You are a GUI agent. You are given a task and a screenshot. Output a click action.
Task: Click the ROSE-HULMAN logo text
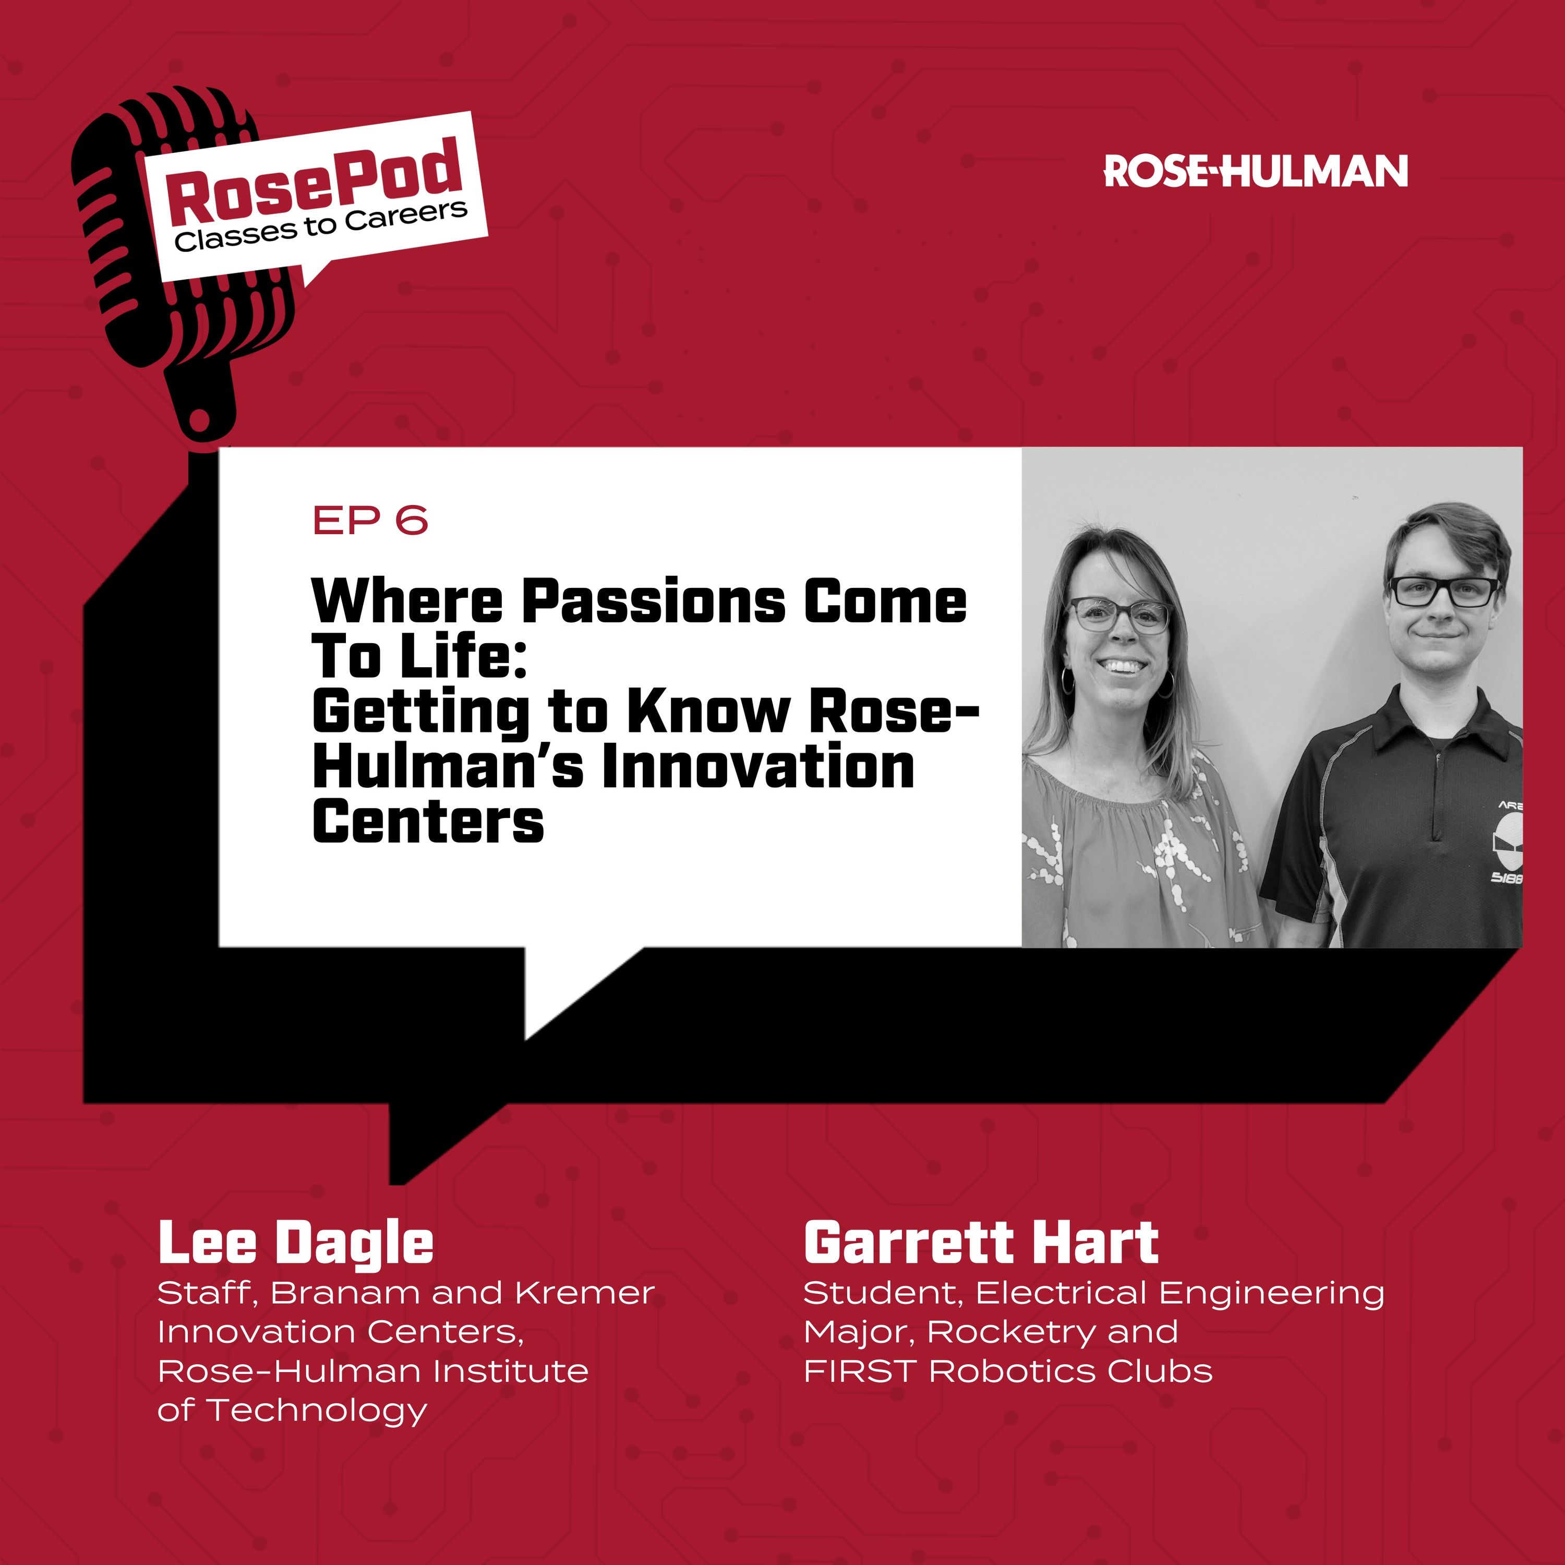click(x=1256, y=171)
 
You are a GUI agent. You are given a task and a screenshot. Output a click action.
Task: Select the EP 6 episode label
click(x=370, y=521)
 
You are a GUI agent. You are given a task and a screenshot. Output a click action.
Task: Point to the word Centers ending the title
click(x=428, y=822)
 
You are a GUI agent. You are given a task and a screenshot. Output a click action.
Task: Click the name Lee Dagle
click(x=296, y=1244)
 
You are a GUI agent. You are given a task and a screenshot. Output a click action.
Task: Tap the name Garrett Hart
click(x=980, y=1244)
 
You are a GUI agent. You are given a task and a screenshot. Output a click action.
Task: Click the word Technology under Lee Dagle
click(x=317, y=1410)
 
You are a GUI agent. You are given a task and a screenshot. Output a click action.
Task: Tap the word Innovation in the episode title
click(x=758, y=766)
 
